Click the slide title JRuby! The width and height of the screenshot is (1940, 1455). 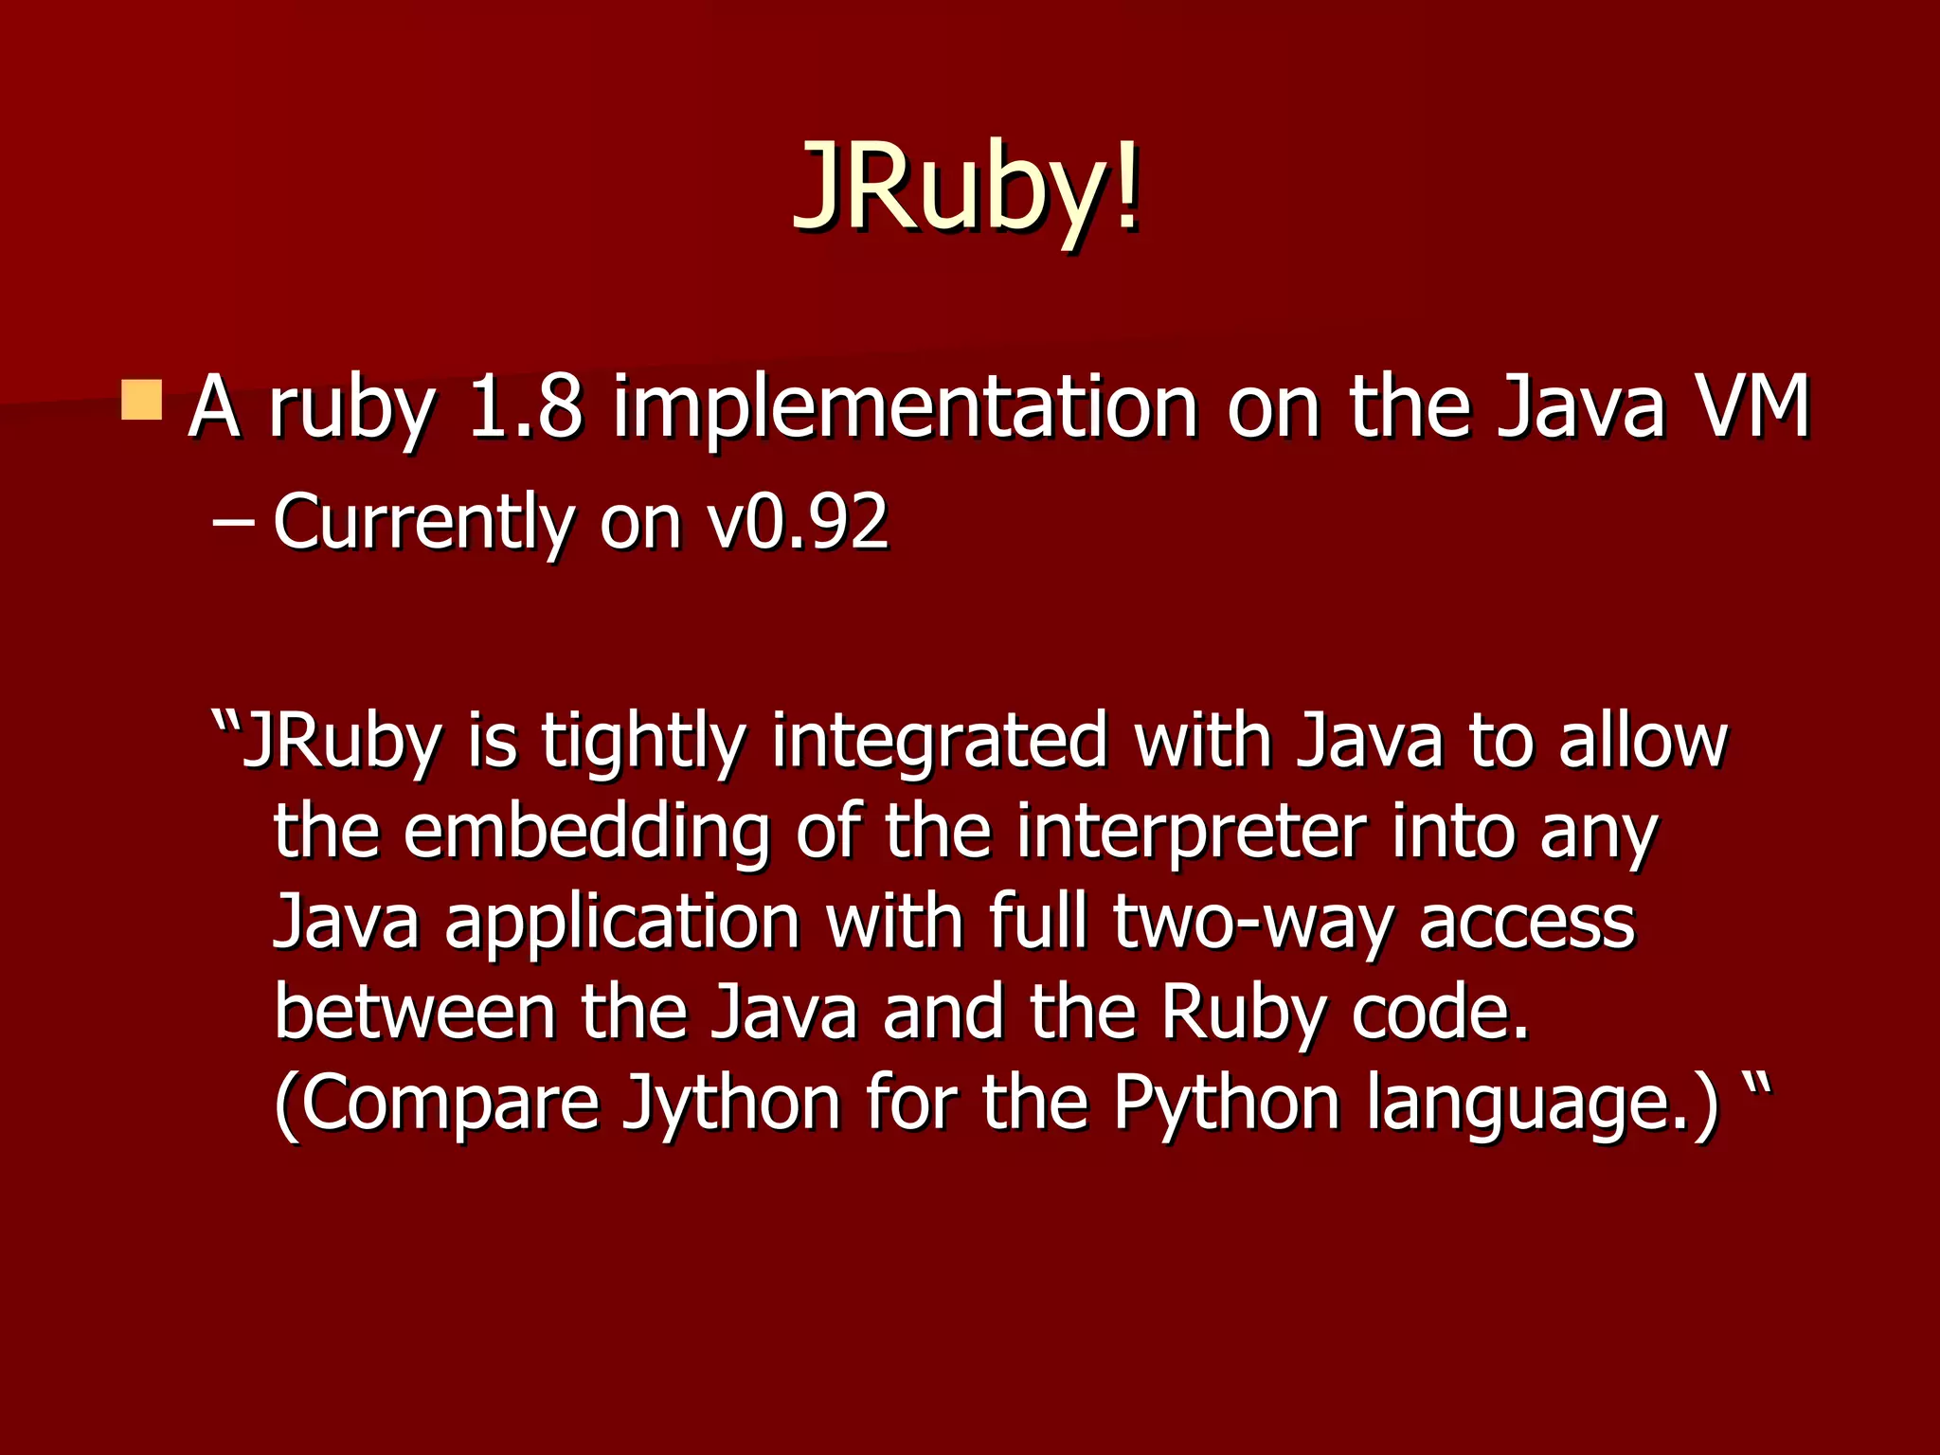pos(966,186)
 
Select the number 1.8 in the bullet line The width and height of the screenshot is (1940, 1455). pos(524,407)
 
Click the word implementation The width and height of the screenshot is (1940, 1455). pos(905,409)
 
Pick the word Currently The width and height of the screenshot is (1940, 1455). pos(422,523)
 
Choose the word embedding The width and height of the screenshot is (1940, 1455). pos(587,834)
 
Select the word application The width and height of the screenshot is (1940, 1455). pos(622,925)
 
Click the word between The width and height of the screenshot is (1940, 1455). pos(415,1012)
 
